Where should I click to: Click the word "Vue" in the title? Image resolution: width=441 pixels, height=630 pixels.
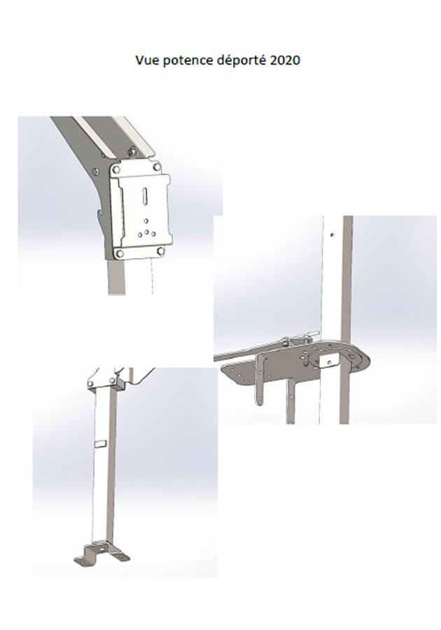pyautogui.click(x=146, y=60)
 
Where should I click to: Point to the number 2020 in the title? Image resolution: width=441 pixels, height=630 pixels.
pyautogui.click(x=286, y=60)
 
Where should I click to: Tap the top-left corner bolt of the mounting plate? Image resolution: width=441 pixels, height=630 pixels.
pyautogui.click(x=116, y=169)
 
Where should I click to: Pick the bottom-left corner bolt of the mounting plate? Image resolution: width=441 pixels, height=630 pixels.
pyautogui.click(x=119, y=253)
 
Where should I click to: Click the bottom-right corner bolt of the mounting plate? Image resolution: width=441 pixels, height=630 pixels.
pyautogui.click(x=160, y=251)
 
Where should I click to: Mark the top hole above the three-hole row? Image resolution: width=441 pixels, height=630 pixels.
pyautogui.click(x=146, y=220)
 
